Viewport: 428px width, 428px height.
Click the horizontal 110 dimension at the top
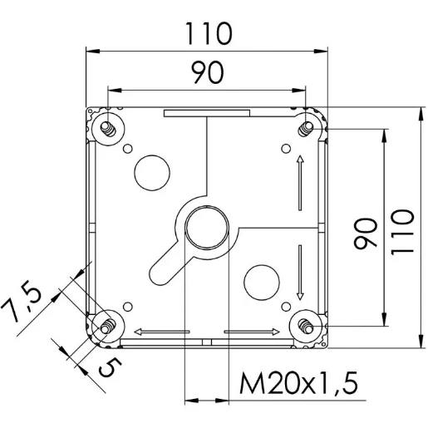(208, 34)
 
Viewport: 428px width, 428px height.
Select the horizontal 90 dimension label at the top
(208, 74)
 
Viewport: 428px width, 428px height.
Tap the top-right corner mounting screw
(307, 127)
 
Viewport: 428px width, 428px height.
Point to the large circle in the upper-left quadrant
(151, 171)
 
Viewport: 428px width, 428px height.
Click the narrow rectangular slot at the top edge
(206, 112)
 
